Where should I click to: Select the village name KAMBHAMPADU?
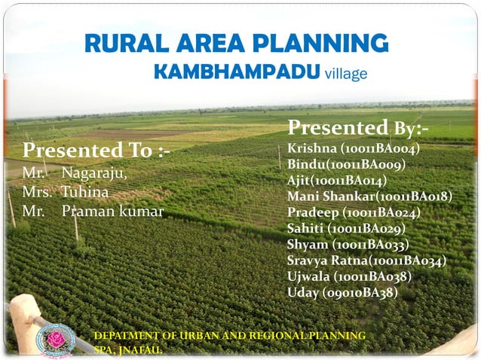[x=236, y=72]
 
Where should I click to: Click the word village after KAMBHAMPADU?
[x=345, y=74]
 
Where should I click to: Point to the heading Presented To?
[x=97, y=151]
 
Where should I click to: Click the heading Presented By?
[x=358, y=127]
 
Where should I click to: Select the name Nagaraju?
[x=94, y=174]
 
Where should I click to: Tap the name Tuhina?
[x=84, y=192]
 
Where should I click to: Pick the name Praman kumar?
[x=112, y=211]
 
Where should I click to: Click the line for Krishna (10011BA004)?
[x=353, y=148]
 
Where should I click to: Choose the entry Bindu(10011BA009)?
[x=346, y=164]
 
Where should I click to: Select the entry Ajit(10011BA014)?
[x=337, y=180]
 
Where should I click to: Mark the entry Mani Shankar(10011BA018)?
[x=369, y=197]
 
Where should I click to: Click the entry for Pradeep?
[x=354, y=212]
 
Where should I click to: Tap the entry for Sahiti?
[x=346, y=228]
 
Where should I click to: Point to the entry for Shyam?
[x=348, y=245]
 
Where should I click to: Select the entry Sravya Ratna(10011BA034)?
[x=366, y=261]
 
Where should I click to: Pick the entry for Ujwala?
[x=349, y=276]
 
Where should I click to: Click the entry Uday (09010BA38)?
[x=342, y=292]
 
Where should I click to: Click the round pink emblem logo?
[x=55, y=340]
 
